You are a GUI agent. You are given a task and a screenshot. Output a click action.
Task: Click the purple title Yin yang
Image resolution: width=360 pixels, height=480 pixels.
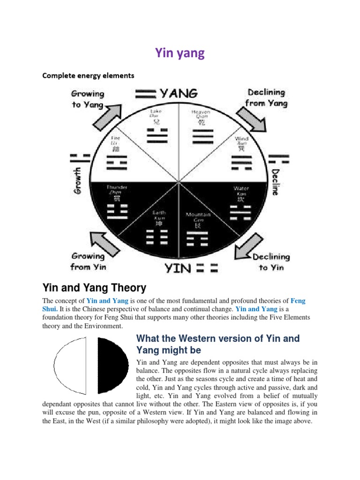(x=180, y=53)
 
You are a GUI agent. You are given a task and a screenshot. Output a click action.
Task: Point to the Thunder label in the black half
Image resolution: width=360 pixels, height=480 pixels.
(x=117, y=187)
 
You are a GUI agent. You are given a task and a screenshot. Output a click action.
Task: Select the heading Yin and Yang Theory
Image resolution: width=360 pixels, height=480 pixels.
(x=95, y=287)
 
